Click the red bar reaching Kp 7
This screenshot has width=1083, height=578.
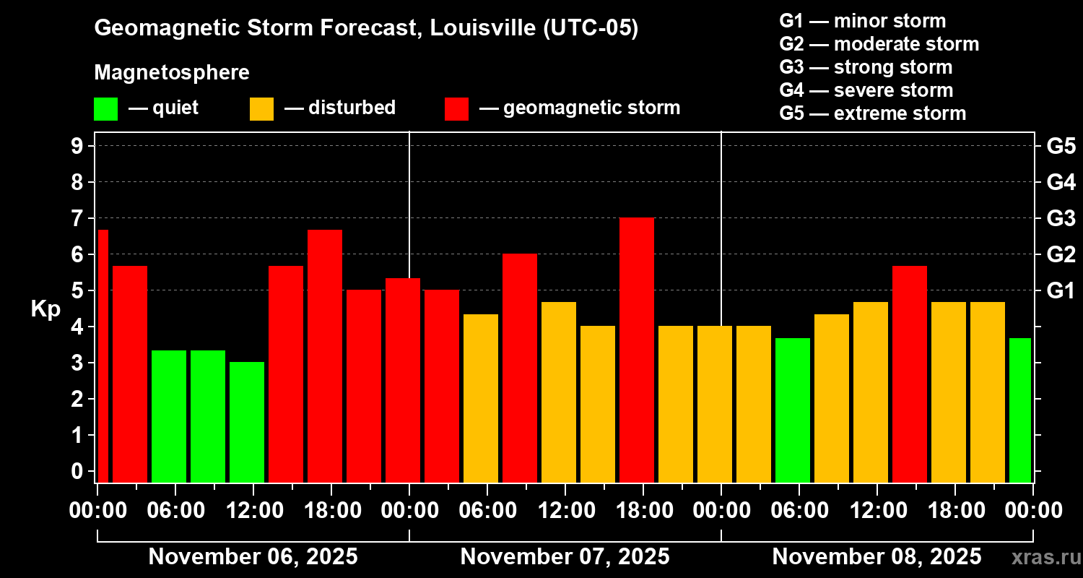pos(637,350)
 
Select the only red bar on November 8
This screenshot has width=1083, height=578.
pos(910,374)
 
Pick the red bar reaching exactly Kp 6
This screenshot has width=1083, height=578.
pos(520,368)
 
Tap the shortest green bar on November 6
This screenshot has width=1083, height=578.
pos(247,422)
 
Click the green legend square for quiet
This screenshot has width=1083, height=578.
pos(105,109)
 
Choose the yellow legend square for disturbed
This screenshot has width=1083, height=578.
pos(261,109)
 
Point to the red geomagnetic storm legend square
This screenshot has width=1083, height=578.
pos(456,109)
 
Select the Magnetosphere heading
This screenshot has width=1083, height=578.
pos(172,73)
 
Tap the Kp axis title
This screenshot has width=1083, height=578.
pos(45,309)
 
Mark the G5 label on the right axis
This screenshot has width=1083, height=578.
pos(1061,146)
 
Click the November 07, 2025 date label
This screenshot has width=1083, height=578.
pos(565,557)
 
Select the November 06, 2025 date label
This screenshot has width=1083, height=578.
pos(253,557)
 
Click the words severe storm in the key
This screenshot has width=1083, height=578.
pos(893,90)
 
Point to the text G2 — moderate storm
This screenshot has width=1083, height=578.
pos(879,44)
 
